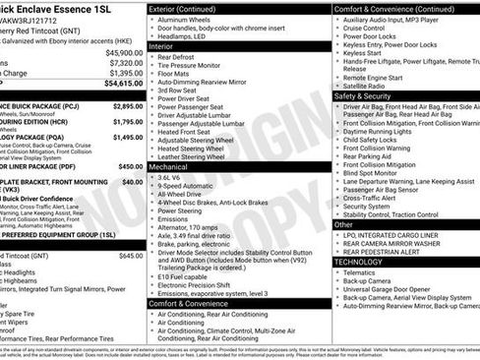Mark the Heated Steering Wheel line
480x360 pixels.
[x=199, y=146]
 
